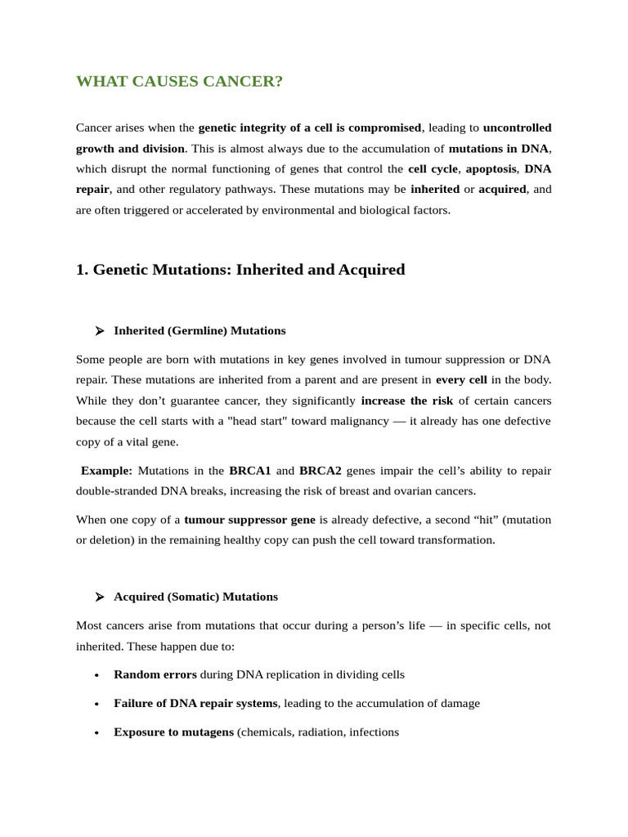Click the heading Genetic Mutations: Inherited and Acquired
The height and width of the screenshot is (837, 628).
coord(240,270)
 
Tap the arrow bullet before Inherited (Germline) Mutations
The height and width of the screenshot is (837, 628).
coord(99,331)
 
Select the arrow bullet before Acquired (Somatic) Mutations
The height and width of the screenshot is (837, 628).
coord(99,597)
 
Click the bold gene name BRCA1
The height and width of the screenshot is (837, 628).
coord(249,471)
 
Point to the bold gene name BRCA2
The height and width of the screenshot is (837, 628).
coord(321,471)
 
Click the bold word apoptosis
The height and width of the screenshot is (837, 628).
coord(491,169)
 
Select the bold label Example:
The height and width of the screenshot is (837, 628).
coord(106,471)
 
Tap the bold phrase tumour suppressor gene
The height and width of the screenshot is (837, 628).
coord(249,519)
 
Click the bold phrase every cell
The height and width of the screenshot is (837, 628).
coord(461,379)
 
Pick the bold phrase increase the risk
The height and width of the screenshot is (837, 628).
coord(406,401)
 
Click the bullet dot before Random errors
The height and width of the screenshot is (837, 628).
coord(96,675)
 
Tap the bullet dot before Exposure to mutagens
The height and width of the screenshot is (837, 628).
coord(96,732)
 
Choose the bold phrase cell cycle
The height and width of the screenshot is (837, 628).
coord(433,169)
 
